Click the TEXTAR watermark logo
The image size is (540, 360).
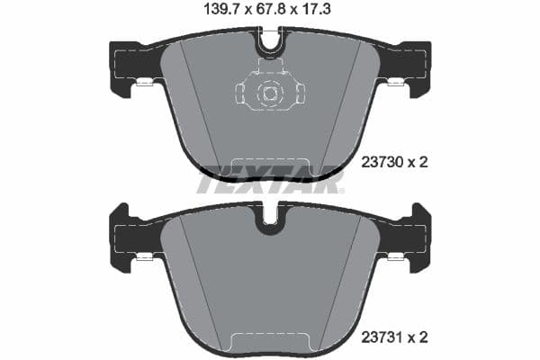click(270, 183)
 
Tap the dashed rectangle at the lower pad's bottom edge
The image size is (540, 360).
click(270, 341)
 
